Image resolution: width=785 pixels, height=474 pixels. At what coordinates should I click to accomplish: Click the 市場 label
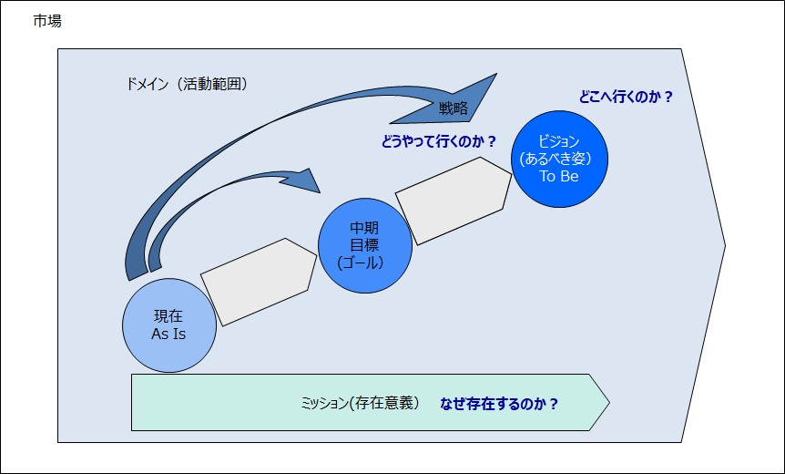[47, 21]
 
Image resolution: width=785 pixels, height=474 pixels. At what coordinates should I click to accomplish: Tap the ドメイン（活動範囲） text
[187, 84]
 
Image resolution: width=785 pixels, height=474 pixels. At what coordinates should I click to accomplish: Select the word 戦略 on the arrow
[454, 108]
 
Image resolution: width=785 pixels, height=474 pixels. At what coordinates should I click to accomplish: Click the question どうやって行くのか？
[439, 142]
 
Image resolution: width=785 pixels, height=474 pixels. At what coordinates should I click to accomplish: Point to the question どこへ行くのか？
[626, 97]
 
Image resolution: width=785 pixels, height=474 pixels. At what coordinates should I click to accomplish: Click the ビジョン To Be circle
[559, 159]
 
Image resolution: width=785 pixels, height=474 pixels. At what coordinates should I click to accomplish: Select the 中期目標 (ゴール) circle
[365, 245]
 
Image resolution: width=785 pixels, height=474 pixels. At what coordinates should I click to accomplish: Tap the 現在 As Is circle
[169, 325]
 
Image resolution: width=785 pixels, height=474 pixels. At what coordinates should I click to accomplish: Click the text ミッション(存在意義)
[360, 403]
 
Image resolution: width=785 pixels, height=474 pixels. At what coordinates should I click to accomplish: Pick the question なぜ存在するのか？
[499, 404]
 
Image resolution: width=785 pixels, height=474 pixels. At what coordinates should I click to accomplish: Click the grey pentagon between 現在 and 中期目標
[259, 282]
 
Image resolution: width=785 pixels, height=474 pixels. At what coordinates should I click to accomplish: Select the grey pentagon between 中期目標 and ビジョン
[454, 201]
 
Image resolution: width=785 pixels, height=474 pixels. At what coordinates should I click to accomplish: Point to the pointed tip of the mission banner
[609, 402]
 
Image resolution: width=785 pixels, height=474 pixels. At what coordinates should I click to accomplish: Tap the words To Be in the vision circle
[559, 176]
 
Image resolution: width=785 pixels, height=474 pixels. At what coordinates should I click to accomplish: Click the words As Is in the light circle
[168, 335]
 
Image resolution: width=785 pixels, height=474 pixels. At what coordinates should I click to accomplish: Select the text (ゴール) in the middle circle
[361, 263]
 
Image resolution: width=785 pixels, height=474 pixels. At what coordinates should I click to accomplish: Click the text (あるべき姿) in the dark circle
[556, 159]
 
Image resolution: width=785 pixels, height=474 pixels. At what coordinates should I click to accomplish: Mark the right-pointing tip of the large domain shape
[725, 245]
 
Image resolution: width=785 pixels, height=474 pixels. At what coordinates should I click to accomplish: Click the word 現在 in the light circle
[168, 316]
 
